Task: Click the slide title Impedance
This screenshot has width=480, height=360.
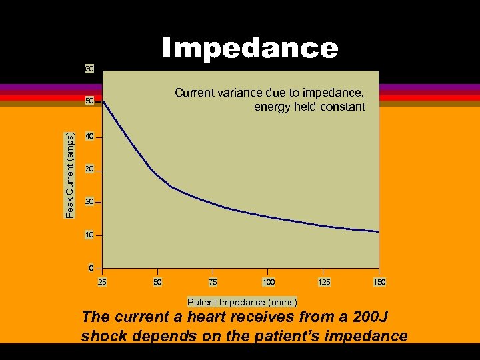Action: point(250,48)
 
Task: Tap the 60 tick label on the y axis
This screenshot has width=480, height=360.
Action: point(89,69)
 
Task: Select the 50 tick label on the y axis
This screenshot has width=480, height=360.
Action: point(89,101)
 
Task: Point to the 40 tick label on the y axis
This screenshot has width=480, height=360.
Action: point(89,137)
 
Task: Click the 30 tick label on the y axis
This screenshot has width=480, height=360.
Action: point(89,171)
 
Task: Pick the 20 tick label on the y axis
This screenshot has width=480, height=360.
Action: point(89,202)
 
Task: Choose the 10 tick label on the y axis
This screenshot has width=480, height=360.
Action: point(89,235)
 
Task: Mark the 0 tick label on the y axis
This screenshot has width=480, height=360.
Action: point(91,269)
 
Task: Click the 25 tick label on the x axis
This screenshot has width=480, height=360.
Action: point(102,283)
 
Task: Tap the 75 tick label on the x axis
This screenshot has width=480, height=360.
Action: point(213,283)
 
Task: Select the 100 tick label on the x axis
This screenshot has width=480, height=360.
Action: point(269,283)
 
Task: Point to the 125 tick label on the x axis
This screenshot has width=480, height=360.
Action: point(324,283)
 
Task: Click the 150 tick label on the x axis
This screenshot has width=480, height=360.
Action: point(379,283)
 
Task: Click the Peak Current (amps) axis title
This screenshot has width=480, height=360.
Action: point(70,175)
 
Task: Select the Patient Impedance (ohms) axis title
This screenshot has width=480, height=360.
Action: point(242,302)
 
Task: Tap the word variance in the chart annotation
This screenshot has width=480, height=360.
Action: point(235,93)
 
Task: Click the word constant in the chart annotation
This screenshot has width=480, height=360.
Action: point(343,107)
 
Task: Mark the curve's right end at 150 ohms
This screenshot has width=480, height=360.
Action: point(378,231)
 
